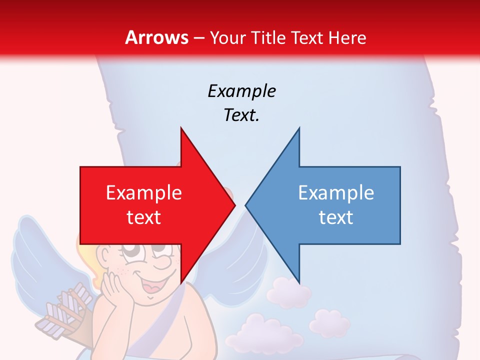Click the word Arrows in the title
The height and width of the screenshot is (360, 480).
click(157, 37)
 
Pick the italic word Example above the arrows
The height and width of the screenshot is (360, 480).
click(241, 91)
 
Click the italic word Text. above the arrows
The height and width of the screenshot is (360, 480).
click(241, 115)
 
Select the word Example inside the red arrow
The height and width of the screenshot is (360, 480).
click(144, 193)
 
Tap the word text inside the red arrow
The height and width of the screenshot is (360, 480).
click(144, 217)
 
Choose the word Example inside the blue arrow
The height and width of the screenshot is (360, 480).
click(336, 193)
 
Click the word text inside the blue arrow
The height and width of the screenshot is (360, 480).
click(336, 217)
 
